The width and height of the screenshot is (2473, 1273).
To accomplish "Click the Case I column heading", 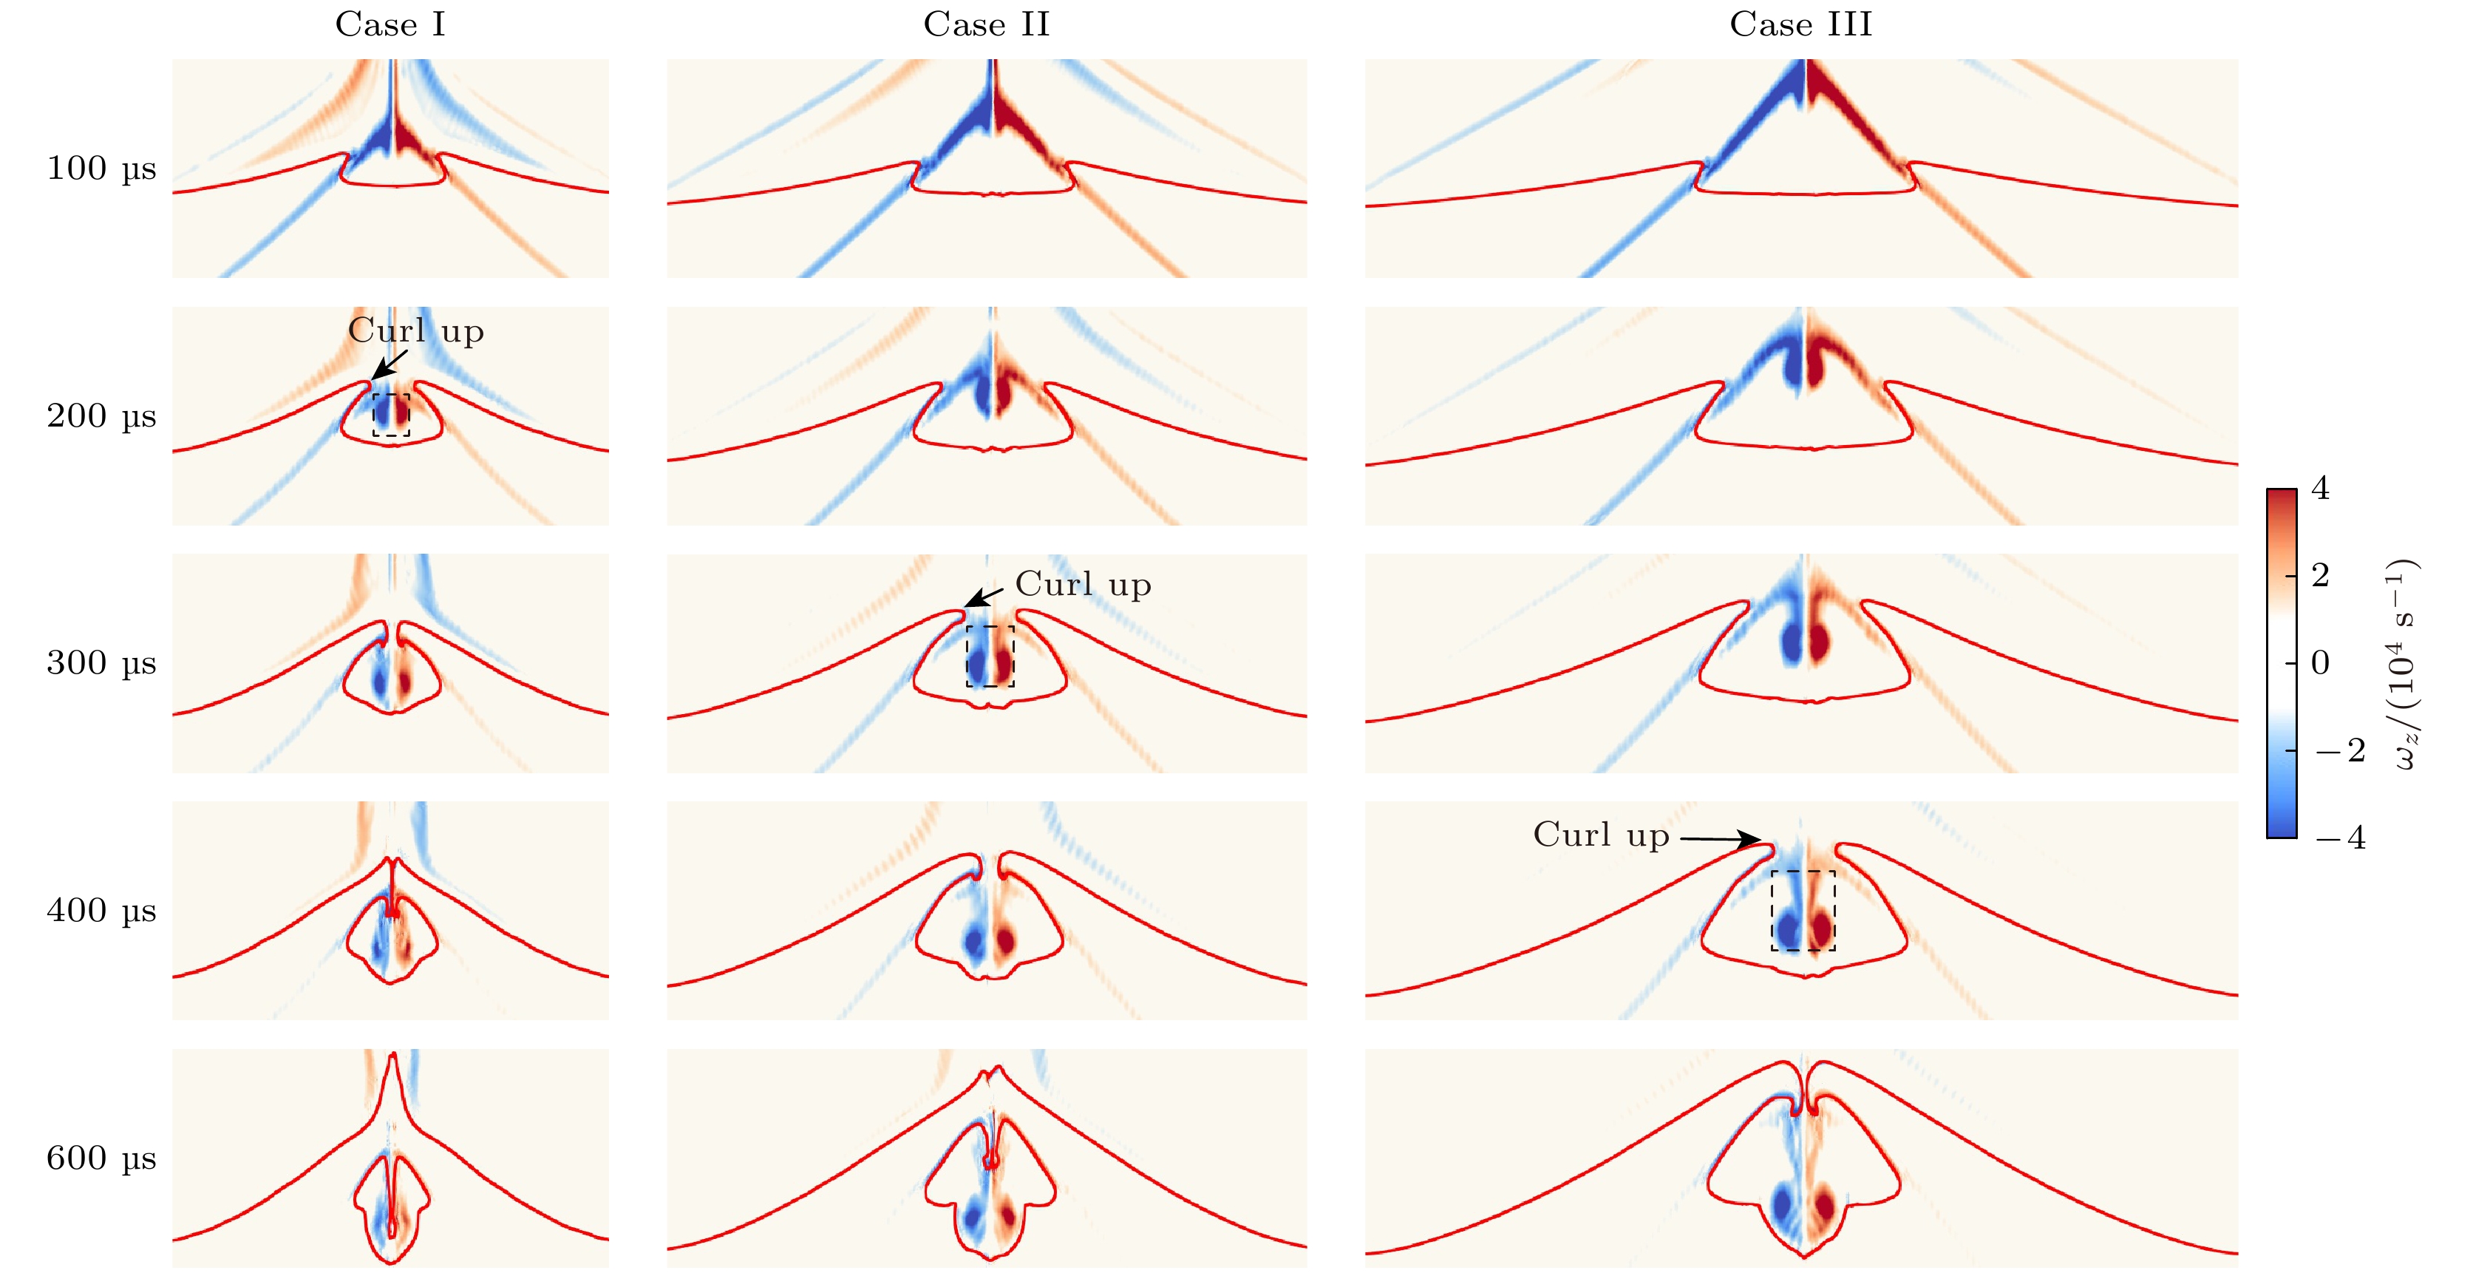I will pyautogui.click(x=390, y=24).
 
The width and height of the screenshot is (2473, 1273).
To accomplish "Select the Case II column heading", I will pyautogui.click(x=986, y=24).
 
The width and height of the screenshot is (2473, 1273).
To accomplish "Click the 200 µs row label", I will pyautogui.click(x=101, y=415).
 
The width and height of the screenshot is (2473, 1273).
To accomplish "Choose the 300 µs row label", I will pyautogui.click(x=101, y=662).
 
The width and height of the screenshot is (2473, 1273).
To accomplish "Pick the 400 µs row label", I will pyautogui.click(x=101, y=910).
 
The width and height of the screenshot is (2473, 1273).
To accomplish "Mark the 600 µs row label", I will pyautogui.click(x=101, y=1158).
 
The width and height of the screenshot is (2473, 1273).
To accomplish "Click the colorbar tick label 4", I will pyautogui.click(x=2320, y=489).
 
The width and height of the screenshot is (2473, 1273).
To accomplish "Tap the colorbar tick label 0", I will pyautogui.click(x=2320, y=662).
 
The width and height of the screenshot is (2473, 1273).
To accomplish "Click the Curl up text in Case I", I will pyautogui.click(x=415, y=331).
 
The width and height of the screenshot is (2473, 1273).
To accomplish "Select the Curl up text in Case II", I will pyautogui.click(x=1082, y=585).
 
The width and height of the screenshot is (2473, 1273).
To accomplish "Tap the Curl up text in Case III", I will pyautogui.click(x=1600, y=835).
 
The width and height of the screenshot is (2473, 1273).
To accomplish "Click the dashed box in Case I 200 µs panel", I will pyautogui.click(x=391, y=415).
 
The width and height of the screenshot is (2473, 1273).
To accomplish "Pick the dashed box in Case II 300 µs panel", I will pyautogui.click(x=990, y=656).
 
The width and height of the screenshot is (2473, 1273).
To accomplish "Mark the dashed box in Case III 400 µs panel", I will pyautogui.click(x=1803, y=911).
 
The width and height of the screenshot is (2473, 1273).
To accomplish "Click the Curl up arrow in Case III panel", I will pyautogui.click(x=1719, y=839).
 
